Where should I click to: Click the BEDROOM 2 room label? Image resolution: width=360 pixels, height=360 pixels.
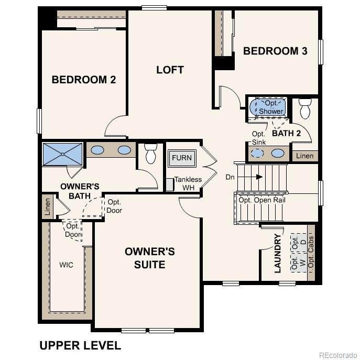click(83, 80)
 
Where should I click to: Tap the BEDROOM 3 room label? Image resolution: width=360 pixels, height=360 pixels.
click(275, 51)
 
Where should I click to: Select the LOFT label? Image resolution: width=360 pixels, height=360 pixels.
click(170, 70)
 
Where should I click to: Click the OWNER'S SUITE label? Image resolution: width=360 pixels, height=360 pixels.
click(150, 258)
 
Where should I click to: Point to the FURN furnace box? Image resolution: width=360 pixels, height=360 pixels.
click(181, 158)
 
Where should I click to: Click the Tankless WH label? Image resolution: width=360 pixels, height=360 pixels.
click(188, 183)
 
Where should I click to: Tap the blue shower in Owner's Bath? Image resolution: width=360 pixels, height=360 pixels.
click(62, 154)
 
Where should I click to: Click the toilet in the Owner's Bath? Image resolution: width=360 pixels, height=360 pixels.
click(150, 154)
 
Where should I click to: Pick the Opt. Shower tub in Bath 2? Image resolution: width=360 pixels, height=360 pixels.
click(270, 107)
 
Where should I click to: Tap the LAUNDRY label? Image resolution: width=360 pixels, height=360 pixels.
click(278, 253)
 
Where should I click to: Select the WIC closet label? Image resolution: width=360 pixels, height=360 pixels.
click(67, 265)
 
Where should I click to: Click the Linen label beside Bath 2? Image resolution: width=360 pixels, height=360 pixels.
click(304, 156)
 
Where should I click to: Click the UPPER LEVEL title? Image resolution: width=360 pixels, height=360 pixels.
click(80, 345)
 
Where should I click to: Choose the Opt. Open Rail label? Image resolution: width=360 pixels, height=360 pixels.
click(261, 200)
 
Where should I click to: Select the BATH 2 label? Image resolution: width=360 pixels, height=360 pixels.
click(286, 133)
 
